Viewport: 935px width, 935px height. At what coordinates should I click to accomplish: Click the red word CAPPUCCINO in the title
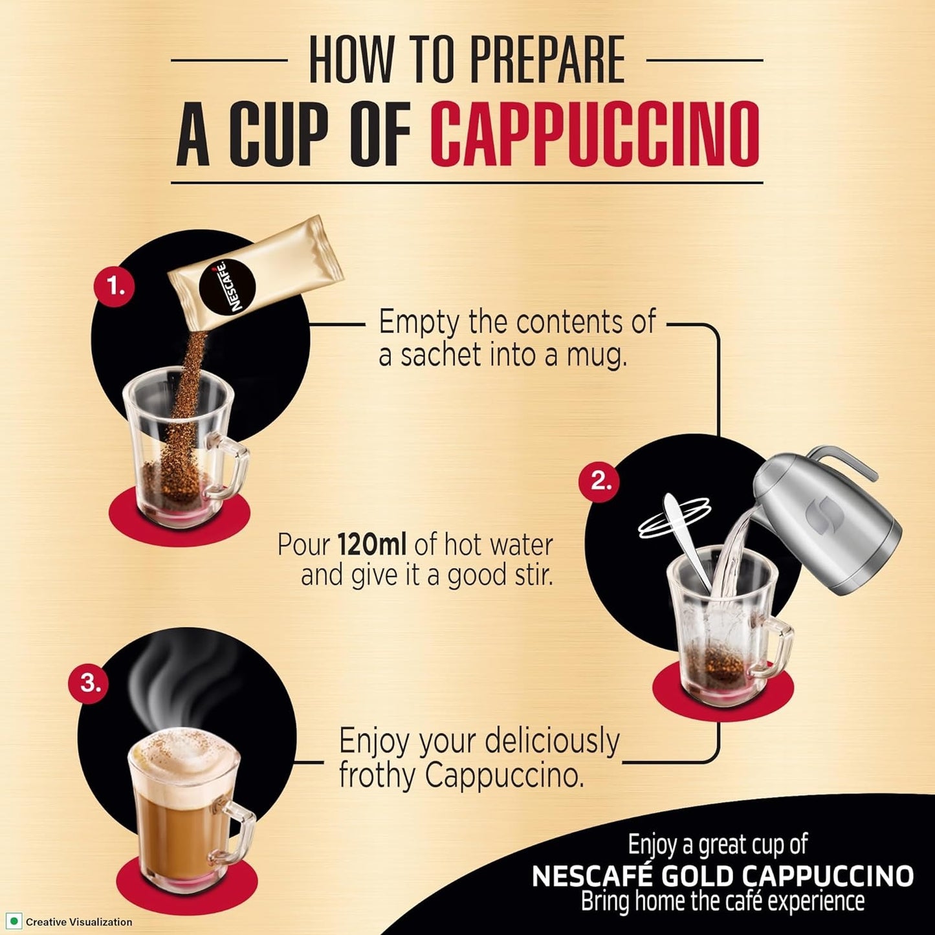[594, 134]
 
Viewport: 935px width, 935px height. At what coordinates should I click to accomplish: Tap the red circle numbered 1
[115, 285]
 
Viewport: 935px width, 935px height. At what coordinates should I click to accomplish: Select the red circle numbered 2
[599, 481]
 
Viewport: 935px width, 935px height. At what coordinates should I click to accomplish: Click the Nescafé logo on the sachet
[227, 285]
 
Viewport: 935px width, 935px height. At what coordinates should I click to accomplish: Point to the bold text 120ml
[372, 545]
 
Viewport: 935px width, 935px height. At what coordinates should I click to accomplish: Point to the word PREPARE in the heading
[547, 60]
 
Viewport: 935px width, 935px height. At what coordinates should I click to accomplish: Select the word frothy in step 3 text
[377, 775]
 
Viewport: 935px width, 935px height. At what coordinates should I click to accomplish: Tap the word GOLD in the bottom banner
[698, 876]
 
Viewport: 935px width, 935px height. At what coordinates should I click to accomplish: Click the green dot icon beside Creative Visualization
[13, 921]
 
